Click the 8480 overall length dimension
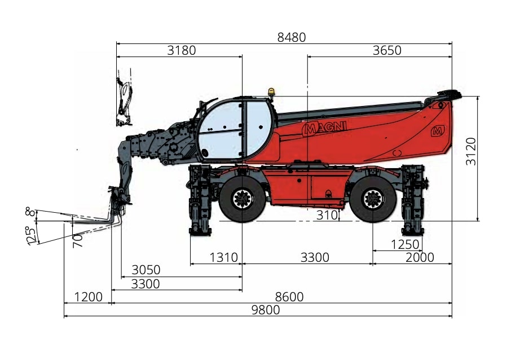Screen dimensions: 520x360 point(292,37)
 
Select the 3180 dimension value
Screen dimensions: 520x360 point(182,50)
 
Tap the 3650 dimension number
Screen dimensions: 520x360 point(387,50)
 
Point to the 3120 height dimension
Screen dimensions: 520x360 point(471,151)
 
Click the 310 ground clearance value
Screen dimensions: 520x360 point(327,216)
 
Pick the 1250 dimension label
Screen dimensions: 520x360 point(405,245)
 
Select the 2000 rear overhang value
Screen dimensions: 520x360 point(420,257)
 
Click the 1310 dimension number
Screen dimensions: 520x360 point(224,257)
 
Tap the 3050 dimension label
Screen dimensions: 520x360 point(146,270)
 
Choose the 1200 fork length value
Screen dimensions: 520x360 point(88,297)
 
